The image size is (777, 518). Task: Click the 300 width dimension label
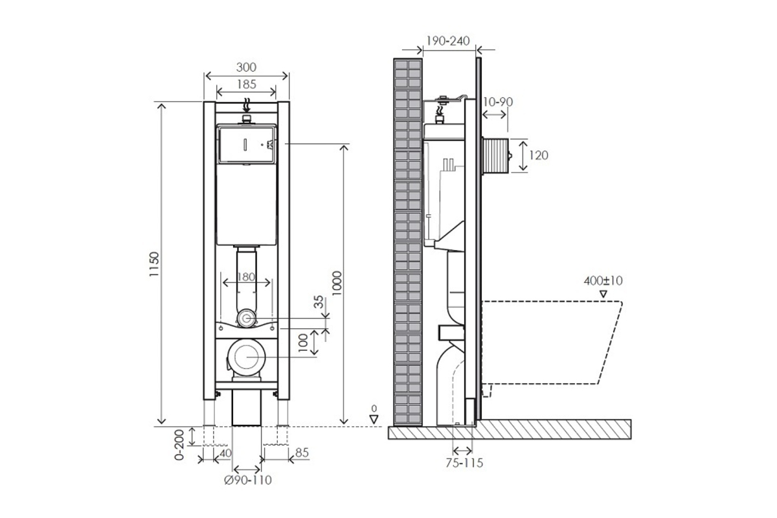coord(246,67)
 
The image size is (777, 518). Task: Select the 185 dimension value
coord(246,84)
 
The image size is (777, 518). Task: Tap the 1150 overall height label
coord(153,264)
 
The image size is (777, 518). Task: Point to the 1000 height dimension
coord(337,284)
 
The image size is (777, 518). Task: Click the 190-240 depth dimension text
coord(448,41)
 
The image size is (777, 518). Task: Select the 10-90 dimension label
coord(498,102)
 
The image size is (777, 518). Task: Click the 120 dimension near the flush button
coord(538,155)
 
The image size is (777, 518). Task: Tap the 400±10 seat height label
coord(603,280)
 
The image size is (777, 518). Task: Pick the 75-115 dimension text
coord(464,463)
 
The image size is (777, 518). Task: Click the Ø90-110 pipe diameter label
coord(247,480)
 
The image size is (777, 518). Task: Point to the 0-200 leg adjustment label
coord(179,445)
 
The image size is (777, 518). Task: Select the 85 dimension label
coord(302,453)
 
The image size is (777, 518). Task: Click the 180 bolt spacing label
coord(246,277)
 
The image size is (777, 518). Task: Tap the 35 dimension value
coord(319,302)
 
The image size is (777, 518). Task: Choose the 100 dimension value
coord(303,343)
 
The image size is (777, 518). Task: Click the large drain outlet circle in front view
coord(247,357)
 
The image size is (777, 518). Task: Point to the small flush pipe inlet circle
coord(246,318)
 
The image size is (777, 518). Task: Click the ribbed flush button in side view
coord(495,155)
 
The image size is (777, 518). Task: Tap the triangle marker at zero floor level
coord(374,420)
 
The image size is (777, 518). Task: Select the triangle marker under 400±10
coord(603,294)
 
